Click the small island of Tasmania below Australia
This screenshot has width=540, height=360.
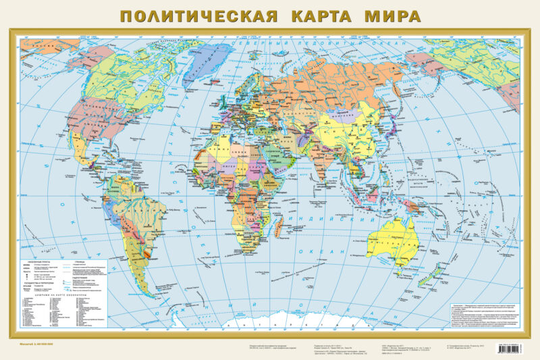[420, 274]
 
